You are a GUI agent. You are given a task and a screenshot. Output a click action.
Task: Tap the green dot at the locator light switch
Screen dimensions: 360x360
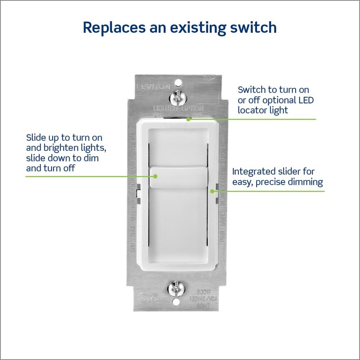click(x=189, y=120)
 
